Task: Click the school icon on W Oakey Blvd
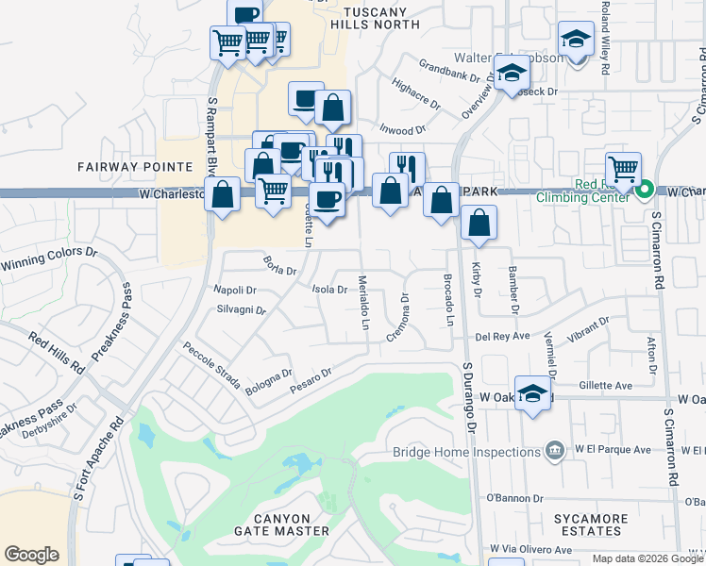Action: point(533,394)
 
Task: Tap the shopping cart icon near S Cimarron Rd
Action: point(623,170)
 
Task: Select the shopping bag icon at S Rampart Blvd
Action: point(222,195)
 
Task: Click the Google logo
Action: point(32,555)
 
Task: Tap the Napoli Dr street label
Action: point(235,290)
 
